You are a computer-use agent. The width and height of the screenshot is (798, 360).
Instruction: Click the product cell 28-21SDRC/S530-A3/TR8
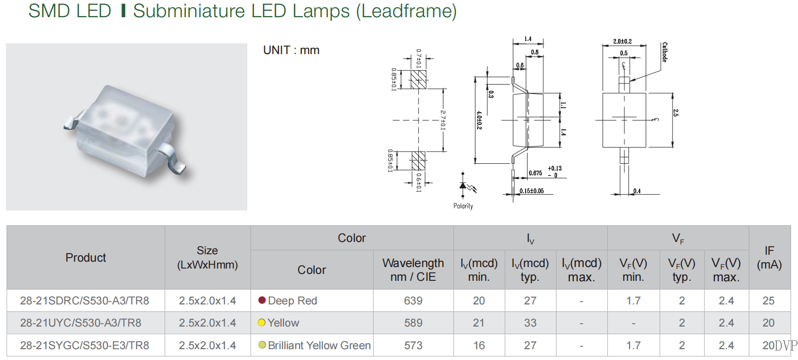85,300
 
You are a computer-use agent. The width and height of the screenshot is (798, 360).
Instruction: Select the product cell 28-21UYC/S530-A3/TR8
81,323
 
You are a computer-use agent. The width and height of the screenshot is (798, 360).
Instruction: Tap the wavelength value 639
413,300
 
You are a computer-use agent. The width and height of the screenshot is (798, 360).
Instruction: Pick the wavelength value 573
413,345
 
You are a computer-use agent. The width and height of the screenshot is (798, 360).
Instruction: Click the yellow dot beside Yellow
262,323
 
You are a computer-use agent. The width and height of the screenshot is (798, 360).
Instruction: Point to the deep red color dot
262,300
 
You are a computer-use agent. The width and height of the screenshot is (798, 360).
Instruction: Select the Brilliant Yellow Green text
319,345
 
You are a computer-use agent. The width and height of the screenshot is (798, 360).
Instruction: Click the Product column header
86,258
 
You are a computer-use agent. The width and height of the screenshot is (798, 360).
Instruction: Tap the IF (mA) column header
769,258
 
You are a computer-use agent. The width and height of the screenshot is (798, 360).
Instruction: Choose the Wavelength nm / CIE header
413,270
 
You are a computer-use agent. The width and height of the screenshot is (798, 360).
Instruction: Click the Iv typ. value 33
530,323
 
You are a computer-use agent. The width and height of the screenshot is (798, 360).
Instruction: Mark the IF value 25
768,300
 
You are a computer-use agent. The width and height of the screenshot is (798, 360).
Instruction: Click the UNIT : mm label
291,50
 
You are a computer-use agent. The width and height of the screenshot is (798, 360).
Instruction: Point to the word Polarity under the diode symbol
463,206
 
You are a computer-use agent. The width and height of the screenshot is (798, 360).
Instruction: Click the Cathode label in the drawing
664,52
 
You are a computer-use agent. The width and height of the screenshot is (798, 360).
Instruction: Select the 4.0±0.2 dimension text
479,120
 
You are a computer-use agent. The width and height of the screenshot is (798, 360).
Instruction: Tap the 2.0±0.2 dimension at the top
622,41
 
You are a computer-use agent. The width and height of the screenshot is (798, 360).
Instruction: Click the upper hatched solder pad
418,80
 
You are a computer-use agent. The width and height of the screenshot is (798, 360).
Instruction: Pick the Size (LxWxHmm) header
207,258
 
